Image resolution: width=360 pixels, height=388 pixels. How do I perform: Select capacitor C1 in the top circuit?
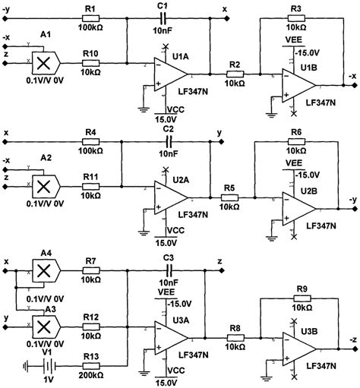click(x=161, y=18)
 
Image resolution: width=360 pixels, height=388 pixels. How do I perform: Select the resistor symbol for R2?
click(x=235, y=76)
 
